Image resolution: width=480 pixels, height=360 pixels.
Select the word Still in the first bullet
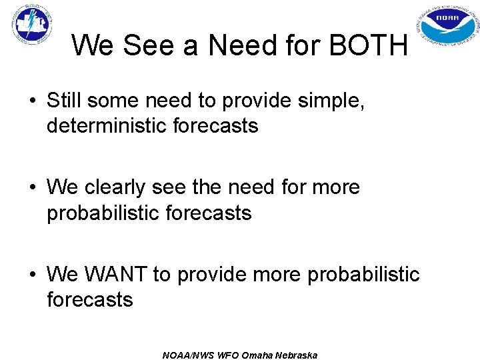pos(65,101)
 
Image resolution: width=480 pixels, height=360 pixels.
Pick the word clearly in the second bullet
pos(129,188)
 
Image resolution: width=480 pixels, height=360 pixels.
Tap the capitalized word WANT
pos(114,275)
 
